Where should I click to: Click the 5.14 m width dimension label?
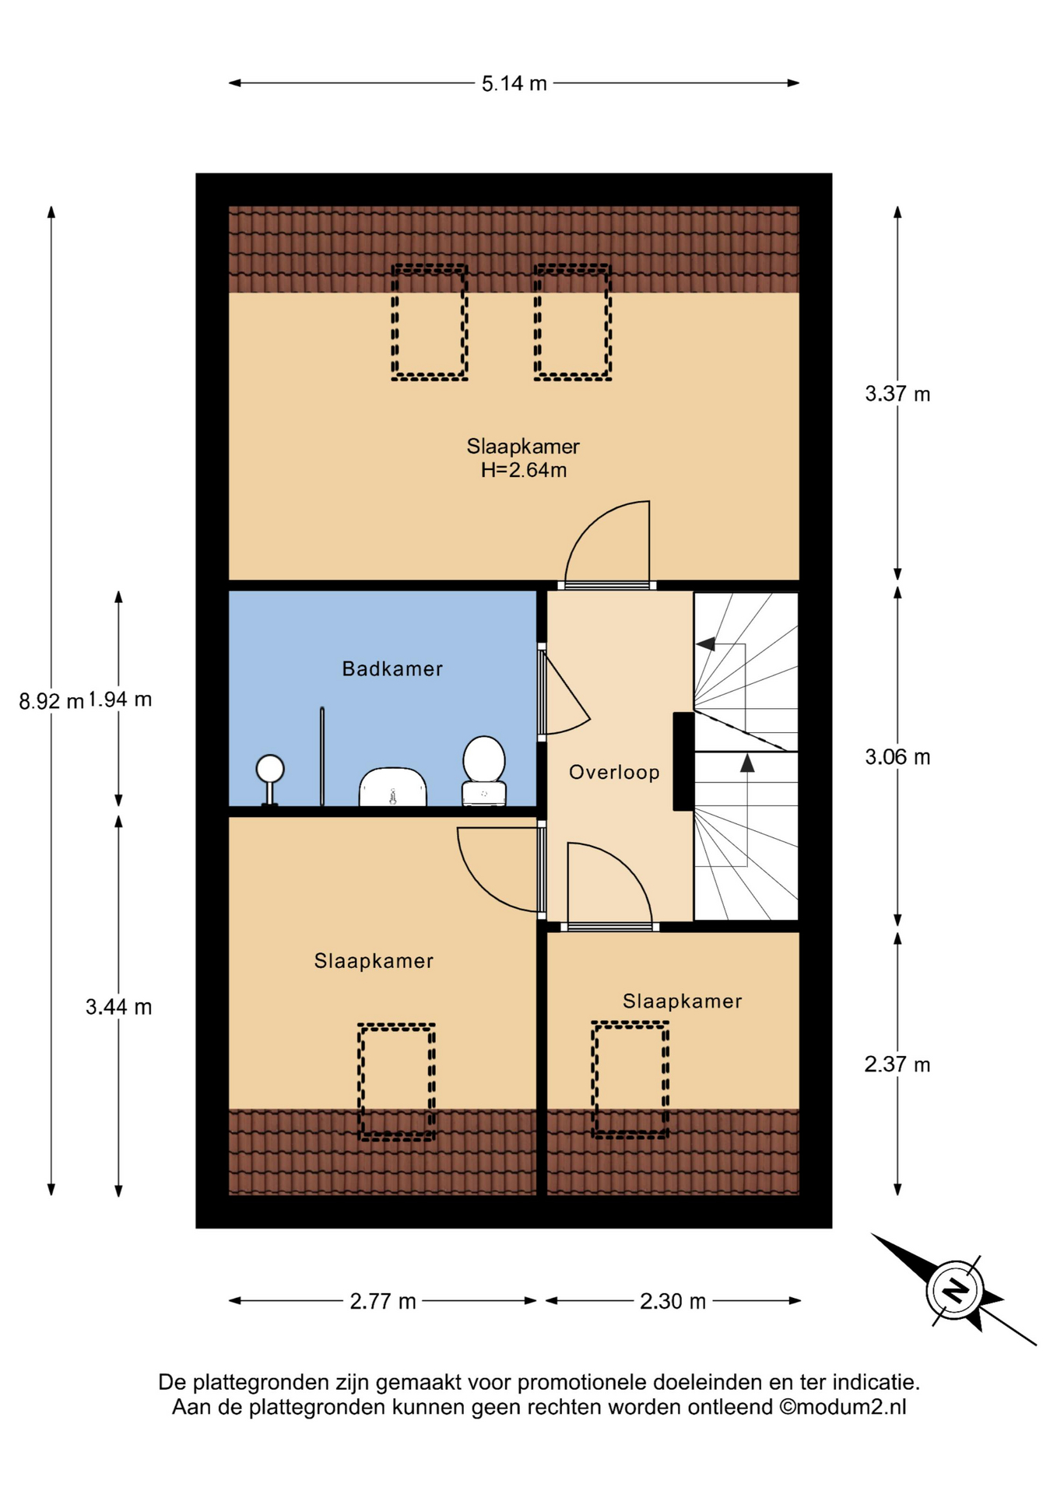(x=514, y=83)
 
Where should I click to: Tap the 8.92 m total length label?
(x=51, y=701)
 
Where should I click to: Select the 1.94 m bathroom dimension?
(x=119, y=699)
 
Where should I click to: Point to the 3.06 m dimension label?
(x=897, y=756)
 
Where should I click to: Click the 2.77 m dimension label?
(x=383, y=1301)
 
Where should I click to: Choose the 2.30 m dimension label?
(x=672, y=1301)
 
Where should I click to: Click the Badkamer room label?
(x=392, y=668)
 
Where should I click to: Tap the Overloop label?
(x=614, y=772)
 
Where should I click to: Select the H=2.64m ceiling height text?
(x=523, y=470)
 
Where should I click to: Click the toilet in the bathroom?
(x=484, y=770)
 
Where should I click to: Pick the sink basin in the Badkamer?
(x=392, y=787)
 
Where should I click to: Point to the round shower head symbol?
(x=270, y=770)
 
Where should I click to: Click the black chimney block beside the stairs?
(x=683, y=762)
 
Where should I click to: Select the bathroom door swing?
(x=566, y=694)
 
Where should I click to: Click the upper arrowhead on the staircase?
(x=705, y=644)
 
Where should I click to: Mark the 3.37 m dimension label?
(x=897, y=394)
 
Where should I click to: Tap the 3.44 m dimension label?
(x=119, y=1007)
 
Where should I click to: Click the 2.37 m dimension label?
(x=897, y=1064)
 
